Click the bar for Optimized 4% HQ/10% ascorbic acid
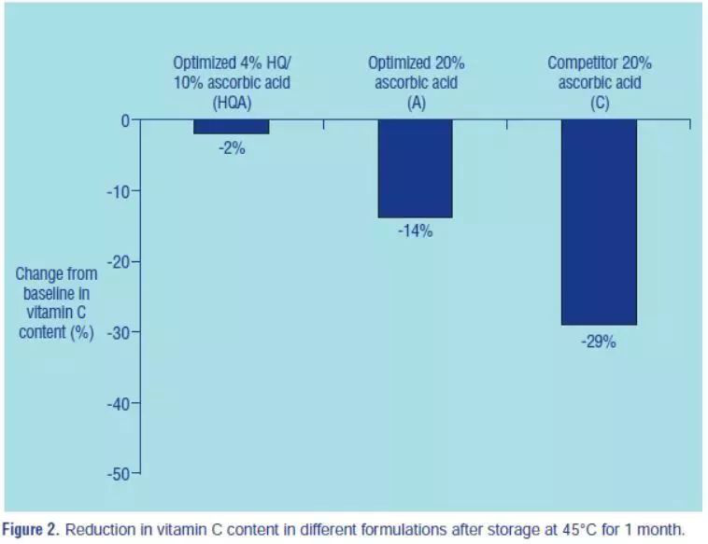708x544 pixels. coord(232,127)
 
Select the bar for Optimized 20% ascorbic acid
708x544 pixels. coord(415,168)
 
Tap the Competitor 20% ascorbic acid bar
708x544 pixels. coord(599,222)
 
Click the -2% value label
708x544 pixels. coord(232,147)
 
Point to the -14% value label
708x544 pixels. coord(415,231)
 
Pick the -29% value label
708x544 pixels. coord(599,342)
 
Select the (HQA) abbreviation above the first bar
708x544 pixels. coord(232,104)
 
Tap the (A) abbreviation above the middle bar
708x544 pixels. coord(416,104)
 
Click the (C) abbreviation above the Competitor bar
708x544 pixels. coord(599,104)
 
